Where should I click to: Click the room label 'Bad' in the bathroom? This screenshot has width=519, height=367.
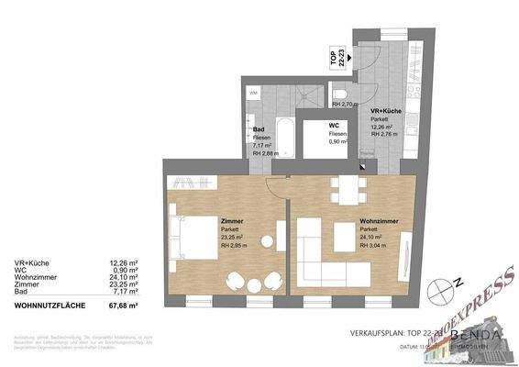tap(259, 129)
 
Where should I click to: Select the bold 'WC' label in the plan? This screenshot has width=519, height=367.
tap(336, 127)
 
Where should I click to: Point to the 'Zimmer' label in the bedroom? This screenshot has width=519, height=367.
tap(231, 221)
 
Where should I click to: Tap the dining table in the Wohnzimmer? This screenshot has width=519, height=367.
tap(350, 190)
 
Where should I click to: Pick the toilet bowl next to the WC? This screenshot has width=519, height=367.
tap(340, 95)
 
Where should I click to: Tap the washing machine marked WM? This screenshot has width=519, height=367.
tap(254, 94)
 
